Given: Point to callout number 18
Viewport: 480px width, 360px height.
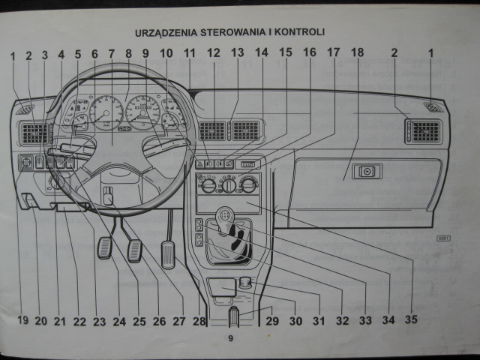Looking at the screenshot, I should coord(357,53).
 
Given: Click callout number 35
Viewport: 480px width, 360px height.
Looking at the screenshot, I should coord(409,320).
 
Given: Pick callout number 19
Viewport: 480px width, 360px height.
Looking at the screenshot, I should coord(22,321).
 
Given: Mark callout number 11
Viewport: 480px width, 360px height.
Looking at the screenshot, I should coord(189,53).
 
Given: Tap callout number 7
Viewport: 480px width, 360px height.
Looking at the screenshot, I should coord(111,53).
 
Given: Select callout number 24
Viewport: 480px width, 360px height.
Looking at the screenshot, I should coord(119,321).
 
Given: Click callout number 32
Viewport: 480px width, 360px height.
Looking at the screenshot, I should coord(342,321).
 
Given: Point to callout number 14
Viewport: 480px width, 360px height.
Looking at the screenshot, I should coord(261,53).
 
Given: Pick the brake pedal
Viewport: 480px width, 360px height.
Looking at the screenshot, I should coord(135,250).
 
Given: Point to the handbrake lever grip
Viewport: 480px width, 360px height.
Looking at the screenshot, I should coord(232,317).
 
